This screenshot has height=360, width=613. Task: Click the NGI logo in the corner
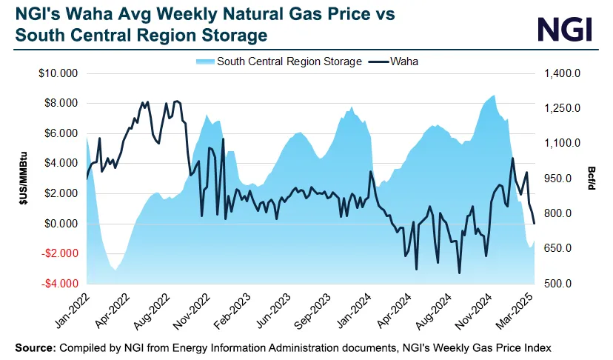pyautogui.click(x=564, y=29)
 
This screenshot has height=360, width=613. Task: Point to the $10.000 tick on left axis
pyautogui.click(x=60, y=74)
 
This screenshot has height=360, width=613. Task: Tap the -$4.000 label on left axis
pyautogui.click(x=59, y=284)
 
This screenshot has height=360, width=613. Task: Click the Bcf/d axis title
pyautogui.click(x=593, y=179)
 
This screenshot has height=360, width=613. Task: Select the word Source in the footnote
pyautogui.click(x=34, y=347)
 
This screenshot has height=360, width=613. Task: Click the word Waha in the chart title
pyautogui.click(x=86, y=14)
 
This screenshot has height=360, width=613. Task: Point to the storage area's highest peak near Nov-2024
pyautogui.click(x=494, y=95)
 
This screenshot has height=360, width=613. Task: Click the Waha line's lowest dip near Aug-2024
pyautogui.click(x=459, y=273)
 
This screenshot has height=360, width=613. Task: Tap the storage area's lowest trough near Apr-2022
pyautogui.click(x=115, y=270)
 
